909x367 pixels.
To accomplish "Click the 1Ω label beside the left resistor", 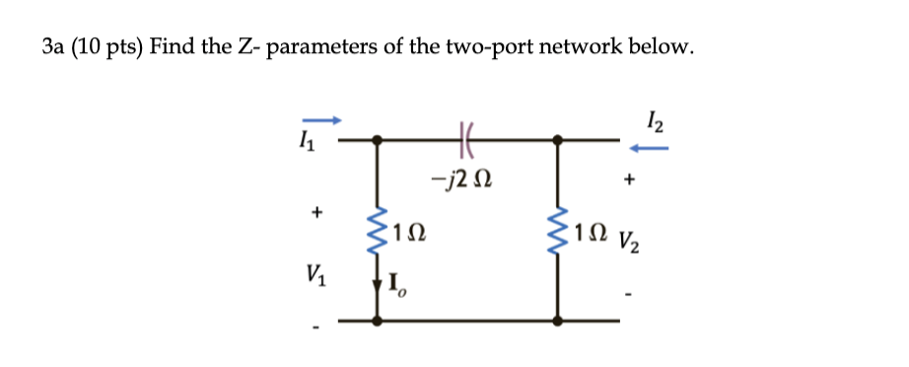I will (x=408, y=234).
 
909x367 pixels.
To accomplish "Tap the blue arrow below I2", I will (x=651, y=149).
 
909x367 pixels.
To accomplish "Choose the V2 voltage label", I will (x=631, y=241).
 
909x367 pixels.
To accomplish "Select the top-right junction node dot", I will (x=560, y=141).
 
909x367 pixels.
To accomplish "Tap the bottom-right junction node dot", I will (x=560, y=321).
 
